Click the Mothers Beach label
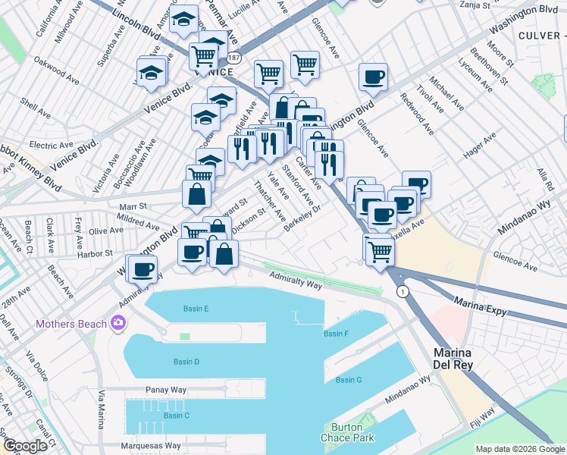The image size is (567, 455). tap(70, 325)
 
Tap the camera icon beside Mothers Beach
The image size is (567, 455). tap(117, 324)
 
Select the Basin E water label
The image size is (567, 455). tap(196, 309)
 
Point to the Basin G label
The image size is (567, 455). tap(349, 379)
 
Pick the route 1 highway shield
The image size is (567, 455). tap(403, 291)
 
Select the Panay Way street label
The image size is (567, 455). tap(166, 390)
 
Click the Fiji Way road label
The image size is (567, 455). tap(482, 418)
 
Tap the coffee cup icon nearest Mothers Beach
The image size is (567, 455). tap(142, 268)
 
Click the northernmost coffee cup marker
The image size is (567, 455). tap(373, 77)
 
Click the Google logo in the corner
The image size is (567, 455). tap(25, 446)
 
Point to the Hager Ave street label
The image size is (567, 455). tap(480, 148)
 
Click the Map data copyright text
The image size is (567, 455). tap(521, 450)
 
